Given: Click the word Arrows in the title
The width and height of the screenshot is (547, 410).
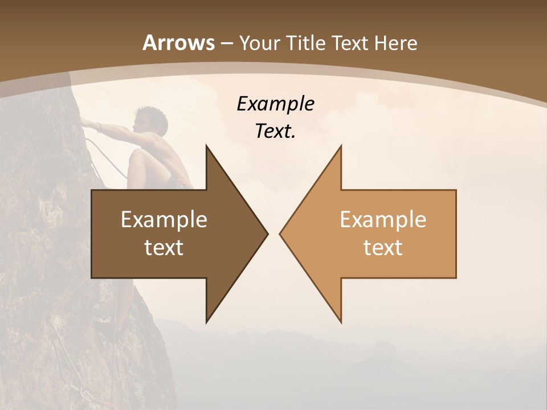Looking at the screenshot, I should (178, 43).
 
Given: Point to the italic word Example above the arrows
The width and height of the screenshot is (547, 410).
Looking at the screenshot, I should (275, 104).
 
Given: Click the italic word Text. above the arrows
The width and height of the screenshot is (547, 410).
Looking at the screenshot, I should (275, 131).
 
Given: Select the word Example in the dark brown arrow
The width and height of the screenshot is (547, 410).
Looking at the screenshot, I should (164, 219).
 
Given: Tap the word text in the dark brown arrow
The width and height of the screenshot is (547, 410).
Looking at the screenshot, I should (164, 247).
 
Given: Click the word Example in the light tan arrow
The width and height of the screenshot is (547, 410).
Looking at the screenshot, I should (383, 219).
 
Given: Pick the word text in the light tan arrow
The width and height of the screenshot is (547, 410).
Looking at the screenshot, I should (383, 247).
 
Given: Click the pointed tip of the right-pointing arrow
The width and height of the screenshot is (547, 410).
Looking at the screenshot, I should (267, 233).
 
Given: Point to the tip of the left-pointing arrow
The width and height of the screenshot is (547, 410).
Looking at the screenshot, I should (280, 233).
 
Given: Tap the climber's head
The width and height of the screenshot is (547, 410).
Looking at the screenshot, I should (146, 118).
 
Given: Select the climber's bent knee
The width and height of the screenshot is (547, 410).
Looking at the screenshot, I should (137, 156).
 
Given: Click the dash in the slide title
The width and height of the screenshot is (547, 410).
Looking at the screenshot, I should (226, 43).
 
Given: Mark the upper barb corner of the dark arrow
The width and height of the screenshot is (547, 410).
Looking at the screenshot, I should (206, 146).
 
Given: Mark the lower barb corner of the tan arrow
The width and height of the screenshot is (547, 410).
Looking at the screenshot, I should (341, 322).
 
